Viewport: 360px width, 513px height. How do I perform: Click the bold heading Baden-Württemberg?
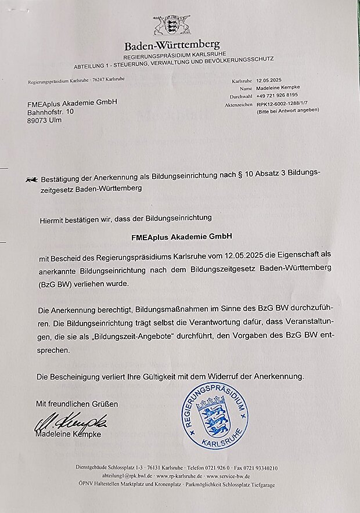[x=172, y=45]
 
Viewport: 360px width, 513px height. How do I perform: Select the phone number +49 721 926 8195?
[x=277, y=95]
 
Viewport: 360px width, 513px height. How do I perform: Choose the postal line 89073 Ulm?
[x=44, y=120]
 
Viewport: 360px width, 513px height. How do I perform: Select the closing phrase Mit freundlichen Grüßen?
[x=77, y=403]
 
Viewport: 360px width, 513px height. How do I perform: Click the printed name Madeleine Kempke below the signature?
[x=69, y=434]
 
